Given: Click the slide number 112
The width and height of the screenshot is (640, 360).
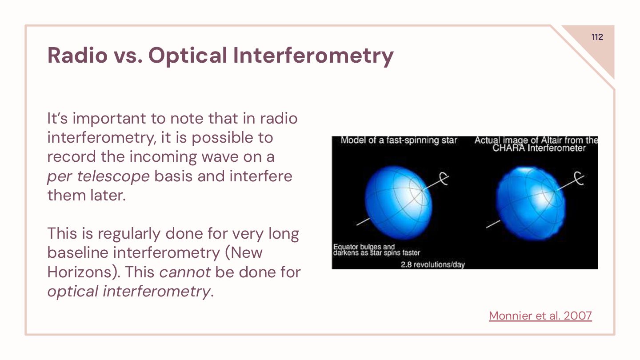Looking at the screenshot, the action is click(597, 37).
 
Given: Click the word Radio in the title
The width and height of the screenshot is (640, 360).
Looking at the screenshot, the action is click(77, 55).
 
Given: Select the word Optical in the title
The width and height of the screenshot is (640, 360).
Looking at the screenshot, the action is click(188, 56).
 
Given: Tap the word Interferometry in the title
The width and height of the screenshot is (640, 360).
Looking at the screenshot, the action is click(313, 56).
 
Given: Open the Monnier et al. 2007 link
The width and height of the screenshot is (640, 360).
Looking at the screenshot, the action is click(540, 316).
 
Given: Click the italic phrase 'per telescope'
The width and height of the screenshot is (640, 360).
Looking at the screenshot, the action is click(98, 176).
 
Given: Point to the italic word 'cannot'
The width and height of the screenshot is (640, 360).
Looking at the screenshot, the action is click(185, 272).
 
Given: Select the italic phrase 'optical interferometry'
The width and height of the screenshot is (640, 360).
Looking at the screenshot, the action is click(128, 292).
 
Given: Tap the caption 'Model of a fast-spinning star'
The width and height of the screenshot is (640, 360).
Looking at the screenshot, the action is click(399, 140).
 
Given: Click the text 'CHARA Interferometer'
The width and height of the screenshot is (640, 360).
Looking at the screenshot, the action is click(539, 148).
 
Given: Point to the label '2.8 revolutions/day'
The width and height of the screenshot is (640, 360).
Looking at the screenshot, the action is click(433, 264).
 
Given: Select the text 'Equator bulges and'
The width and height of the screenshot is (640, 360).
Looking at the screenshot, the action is click(364, 247).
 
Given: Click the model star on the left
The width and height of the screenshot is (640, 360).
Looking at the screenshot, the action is click(399, 202).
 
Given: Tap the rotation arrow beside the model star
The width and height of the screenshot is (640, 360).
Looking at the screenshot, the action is click(444, 179).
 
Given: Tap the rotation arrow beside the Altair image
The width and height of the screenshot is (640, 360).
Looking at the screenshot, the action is click(579, 178).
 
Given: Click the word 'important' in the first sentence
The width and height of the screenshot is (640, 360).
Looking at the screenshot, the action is click(109, 119).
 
